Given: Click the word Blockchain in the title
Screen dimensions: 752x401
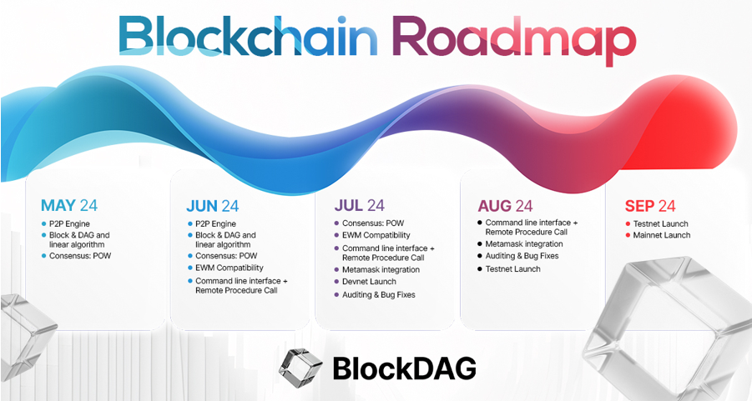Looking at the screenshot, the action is (248, 37).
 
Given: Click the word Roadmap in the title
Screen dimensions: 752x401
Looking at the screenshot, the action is (514, 40).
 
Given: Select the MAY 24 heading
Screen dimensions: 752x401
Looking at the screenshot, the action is (69, 206).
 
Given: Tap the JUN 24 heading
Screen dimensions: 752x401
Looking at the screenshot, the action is (213, 206).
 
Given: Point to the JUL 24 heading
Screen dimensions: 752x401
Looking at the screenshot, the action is (359, 206).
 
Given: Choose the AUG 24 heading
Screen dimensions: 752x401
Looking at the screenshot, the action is (505, 206).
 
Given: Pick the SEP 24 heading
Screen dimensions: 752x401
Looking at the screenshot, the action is (650, 206).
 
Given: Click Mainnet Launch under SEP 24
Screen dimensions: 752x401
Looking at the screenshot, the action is (662, 235).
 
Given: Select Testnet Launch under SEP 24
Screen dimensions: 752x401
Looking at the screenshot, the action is (661, 223).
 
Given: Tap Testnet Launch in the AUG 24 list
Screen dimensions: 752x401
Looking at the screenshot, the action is (512, 269).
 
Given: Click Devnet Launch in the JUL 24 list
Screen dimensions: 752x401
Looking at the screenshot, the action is (369, 282).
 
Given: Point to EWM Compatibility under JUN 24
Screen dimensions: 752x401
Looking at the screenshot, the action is (230, 268).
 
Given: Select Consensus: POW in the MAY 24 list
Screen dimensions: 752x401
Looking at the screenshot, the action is (80, 256).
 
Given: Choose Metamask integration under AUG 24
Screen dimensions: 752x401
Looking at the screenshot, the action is (524, 244).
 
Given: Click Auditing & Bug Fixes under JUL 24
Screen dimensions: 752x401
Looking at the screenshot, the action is (379, 295).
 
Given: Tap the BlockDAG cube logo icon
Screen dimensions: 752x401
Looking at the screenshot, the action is (300, 368).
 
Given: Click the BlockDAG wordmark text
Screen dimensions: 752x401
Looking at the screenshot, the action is (404, 368).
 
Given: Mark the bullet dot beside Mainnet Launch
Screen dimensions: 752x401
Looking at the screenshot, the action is (628, 235).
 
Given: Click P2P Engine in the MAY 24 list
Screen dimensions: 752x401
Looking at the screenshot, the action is (69, 223).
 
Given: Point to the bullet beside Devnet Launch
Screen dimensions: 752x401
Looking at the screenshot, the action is (336, 282).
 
